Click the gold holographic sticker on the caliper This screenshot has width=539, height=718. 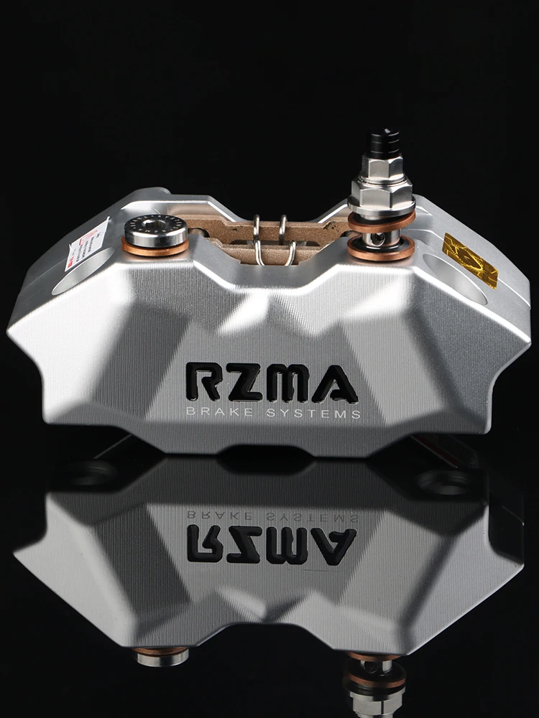[470, 259]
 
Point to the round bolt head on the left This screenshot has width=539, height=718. [155, 230]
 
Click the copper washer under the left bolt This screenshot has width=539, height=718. [155, 248]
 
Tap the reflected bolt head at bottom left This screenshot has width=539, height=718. [160, 656]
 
